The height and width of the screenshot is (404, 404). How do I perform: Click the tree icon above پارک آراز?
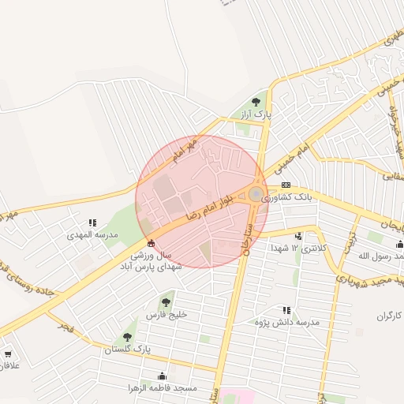pyautogui.click(x=256, y=101)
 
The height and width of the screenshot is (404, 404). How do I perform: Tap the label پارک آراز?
pyautogui.click(x=256, y=114)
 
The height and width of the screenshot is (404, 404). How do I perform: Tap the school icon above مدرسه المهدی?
pyautogui.click(x=92, y=223)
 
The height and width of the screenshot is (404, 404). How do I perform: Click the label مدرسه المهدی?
pyautogui.click(x=92, y=235)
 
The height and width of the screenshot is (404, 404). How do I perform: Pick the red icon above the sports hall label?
pyautogui.click(x=151, y=243)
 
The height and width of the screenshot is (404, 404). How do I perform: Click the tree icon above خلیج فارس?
pyautogui.click(x=166, y=302)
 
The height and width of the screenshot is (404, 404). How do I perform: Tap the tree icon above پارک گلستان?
pyautogui.click(x=127, y=337)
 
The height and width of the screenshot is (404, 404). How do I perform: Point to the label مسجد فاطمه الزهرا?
pyautogui.click(x=163, y=388)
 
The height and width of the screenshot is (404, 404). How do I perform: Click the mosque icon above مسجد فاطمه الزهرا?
pyautogui.click(x=163, y=376)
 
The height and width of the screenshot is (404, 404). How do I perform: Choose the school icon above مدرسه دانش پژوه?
pyautogui.click(x=286, y=310)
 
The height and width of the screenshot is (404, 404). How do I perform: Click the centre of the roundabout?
pyautogui.click(x=256, y=194)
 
